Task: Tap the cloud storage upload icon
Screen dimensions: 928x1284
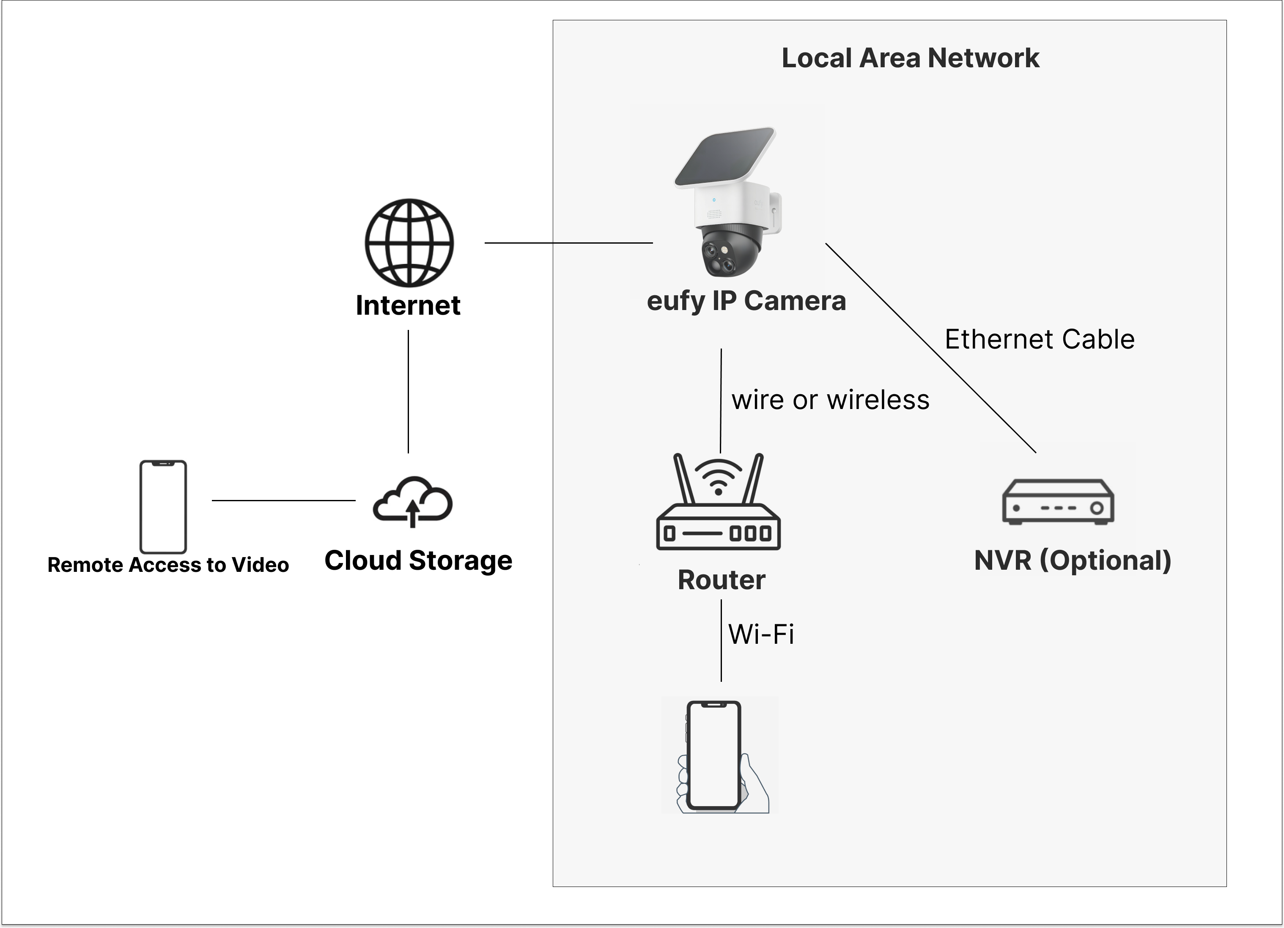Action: (x=413, y=502)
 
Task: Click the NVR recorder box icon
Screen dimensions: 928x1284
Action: (x=1058, y=502)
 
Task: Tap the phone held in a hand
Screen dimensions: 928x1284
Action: (x=714, y=755)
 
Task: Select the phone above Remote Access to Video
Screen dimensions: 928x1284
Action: (x=163, y=507)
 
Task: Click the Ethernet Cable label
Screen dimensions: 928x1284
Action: (x=1040, y=339)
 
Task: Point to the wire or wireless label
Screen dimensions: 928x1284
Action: (x=830, y=400)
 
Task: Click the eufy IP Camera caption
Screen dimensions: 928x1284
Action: (x=746, y=301)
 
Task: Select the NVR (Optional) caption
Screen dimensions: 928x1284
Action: (x=1072, y=560)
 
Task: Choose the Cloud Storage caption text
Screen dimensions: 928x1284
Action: (x=418, y=560)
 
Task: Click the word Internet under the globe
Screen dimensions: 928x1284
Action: (x=408, y=306)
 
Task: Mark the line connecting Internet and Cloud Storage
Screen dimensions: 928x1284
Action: (x=408, y=391)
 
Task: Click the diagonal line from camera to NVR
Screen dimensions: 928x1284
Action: (x=931, y=348)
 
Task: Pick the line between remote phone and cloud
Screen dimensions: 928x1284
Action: (x=283, y=500)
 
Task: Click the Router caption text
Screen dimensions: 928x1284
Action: (x=721, y=580)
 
